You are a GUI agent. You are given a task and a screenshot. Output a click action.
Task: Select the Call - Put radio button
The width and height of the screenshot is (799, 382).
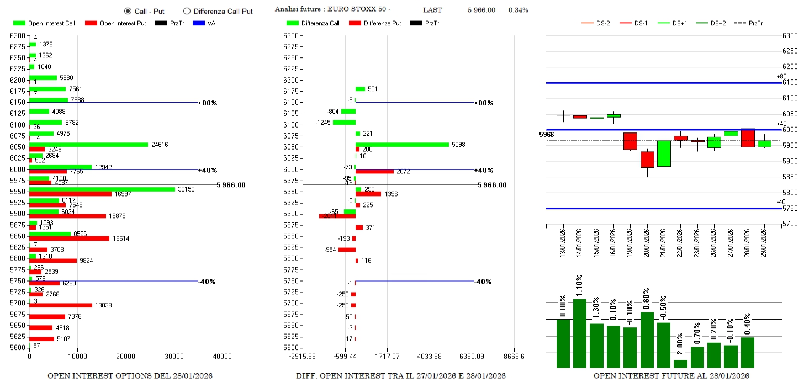pos(128,11)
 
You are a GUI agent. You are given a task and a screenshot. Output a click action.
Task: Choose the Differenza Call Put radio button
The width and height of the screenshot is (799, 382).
pos(187,11)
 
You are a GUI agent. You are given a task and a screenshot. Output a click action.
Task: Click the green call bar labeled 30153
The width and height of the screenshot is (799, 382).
pos(102,189)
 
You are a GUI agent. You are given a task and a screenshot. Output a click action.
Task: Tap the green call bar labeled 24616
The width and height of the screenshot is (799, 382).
pos(88,145)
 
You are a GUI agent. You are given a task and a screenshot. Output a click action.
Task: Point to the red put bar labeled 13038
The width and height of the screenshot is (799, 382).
pos(60,305)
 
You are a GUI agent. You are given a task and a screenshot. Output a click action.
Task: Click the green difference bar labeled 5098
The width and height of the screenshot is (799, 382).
pos(402,145)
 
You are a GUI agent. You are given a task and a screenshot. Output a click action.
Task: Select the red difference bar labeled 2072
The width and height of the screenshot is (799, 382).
pos(374,172)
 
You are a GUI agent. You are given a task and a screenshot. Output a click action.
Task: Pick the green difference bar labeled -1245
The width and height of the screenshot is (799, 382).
pos(344,122)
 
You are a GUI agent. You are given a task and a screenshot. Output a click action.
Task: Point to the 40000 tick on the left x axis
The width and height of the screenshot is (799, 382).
pos(223,357)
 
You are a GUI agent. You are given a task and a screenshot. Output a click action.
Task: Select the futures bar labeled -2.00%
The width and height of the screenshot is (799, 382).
pos(680,363)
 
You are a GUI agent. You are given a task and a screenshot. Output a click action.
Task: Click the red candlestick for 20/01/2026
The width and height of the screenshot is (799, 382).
pos(647,160)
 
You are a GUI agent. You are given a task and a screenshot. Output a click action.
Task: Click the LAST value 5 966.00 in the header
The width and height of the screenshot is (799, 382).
pos(481,10)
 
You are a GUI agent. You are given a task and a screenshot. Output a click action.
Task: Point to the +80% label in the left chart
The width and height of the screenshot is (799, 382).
pos(209,103)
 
